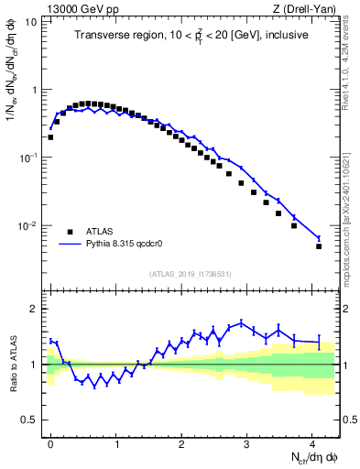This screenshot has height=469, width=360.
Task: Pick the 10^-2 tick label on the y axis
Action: click(27, 225)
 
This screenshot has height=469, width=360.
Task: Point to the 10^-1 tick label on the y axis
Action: click(27, 158)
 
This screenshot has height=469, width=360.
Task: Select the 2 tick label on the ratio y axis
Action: click(34, 309)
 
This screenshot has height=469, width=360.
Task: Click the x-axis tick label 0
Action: click(50, 442)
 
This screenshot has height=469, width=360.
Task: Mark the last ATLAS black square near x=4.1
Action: click(319, 246)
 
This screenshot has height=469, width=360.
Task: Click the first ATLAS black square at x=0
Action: click(50, 137)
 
